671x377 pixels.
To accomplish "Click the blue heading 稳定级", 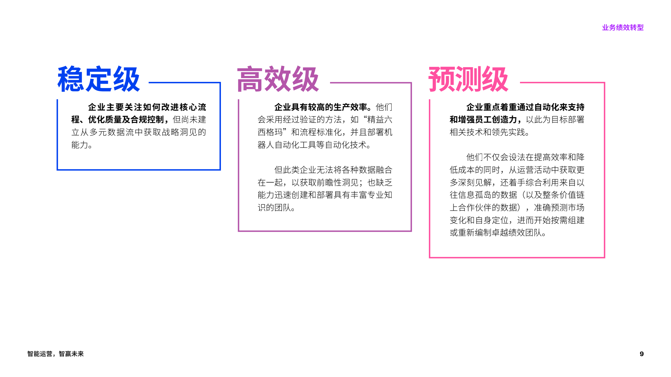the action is click(x=99, y=79).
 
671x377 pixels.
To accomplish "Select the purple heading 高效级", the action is click(x=278, y=79).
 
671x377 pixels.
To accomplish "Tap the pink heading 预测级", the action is click(x=468, y=79).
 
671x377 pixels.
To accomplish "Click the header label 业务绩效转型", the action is click(x=623, y=27).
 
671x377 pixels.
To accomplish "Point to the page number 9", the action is click(x=642, y=354).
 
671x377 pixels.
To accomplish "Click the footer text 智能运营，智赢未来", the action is click(x=55, y=354).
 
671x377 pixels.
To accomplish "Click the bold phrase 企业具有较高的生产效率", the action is click(x=321, y=107).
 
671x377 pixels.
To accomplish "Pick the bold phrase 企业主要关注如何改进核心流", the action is click(x=147, y=107).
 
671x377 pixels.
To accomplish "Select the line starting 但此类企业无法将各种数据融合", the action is click(x=333, y=170).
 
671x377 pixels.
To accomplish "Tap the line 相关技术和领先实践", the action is click(x=490, y=132).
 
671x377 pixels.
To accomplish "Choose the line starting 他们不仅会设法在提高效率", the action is click(x=525, y=157).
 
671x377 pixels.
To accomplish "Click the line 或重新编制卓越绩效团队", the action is click(x=498, y=233).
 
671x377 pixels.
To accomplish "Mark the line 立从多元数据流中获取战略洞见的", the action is click(x=139, y=132).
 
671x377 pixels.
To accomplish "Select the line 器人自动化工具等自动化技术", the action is click(x=314, y=145).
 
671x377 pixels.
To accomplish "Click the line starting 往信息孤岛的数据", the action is click(x=517, y=195).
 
